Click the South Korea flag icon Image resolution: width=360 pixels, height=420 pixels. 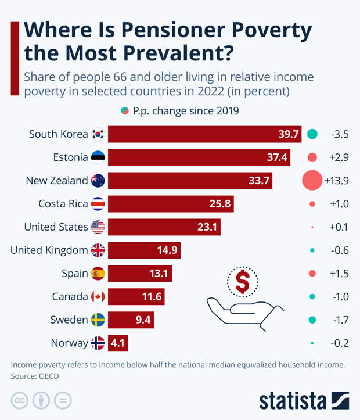(x=98, y=134)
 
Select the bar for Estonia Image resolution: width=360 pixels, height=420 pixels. (x=199, y=157)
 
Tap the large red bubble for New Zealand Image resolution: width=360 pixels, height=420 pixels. (x=312, y=181)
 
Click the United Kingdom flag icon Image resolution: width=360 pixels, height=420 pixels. (x=98, y=250)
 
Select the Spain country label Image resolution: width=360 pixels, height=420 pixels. (x=74, y=274)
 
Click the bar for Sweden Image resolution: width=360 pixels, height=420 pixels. (x=131, y=320)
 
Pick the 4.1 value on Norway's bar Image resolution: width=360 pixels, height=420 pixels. (x=118, y=343)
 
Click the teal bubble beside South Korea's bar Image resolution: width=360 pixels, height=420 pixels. (x=312, y=134)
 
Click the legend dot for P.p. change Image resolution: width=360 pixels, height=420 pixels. (x=125, y=110)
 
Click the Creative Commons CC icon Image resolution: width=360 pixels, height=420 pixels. (x=20, y=400)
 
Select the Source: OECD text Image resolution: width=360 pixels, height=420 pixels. (x=35, y=376)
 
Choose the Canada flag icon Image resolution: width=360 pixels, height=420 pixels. (x=98, y=297)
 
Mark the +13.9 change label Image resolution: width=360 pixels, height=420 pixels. (x=336, y=181)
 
